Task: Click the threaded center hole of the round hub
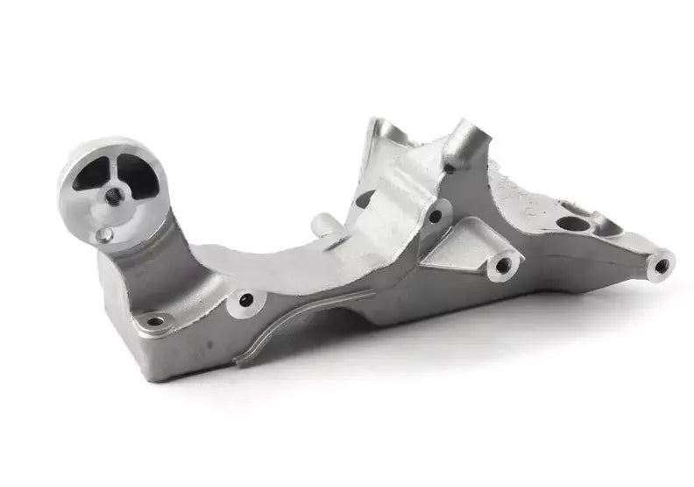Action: tap(113, 197)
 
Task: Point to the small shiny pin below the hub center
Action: tap(104, 234)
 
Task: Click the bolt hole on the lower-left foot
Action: tap(155, 320)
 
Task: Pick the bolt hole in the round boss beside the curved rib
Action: tap(246, 300)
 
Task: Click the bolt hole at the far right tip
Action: tap(662, 264)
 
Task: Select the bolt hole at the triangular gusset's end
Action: tap(504, 264)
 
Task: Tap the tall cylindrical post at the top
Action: tap(464, 140)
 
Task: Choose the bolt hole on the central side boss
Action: tap(435, 216)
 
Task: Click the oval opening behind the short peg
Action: tap(364, 200)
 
